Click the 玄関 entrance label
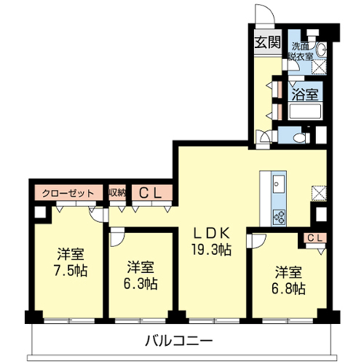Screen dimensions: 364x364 [x=268, y=42]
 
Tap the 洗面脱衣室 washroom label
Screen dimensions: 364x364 [x=301, y=51]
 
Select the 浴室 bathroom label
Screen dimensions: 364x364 [x=305, y=94]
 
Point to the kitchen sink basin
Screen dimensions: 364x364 [x=279, y=183]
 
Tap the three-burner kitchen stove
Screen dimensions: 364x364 [x=279, y=218]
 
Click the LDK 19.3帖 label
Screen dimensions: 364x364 [x=212, y=242]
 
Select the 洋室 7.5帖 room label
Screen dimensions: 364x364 [x=71, y=262]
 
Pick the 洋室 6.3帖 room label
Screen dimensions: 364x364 [x=141, y=275]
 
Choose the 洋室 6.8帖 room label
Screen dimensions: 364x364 [x=288, y=280]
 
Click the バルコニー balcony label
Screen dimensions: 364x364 [x=179, y=341]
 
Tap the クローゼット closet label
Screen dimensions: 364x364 [x=68, y=194]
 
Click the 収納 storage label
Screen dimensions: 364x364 [x=117, y=193]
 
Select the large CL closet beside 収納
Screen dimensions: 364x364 [x=150, y=193]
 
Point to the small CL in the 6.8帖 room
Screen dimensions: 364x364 [x=315, y=238]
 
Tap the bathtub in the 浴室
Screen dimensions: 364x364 [x=305, y=111]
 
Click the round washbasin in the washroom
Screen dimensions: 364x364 [x=322, y=50]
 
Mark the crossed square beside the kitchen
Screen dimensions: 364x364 [x=319, y=194]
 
